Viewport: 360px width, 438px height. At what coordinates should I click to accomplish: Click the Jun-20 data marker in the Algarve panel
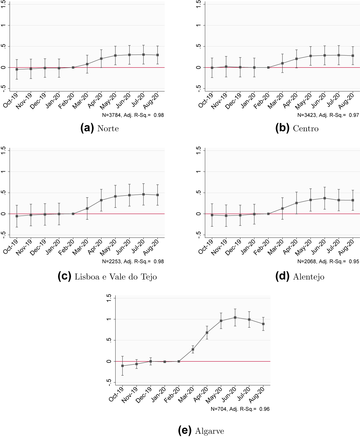[x=235, y=317]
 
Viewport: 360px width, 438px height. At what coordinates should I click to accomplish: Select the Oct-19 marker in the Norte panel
[x=17, y=69]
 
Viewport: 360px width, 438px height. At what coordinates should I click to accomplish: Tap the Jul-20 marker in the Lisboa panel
[x=143, y=194]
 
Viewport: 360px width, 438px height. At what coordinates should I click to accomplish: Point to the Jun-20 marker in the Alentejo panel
[x=325, y=198]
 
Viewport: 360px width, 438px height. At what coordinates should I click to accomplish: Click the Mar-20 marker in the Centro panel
[x=282, y=63]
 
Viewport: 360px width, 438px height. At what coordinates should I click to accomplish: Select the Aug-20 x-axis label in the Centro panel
[x=347, y=100]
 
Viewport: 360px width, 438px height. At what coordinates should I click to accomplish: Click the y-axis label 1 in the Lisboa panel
[x=4, y=172]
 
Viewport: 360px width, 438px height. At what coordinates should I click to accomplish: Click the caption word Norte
[x=108, y=129]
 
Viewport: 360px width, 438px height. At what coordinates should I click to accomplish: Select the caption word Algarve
[x=210, y=431]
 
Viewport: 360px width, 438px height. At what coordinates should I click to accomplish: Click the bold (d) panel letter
[x=282, y=276]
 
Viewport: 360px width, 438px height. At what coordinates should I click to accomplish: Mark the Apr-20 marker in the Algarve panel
[x=207, y=333]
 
